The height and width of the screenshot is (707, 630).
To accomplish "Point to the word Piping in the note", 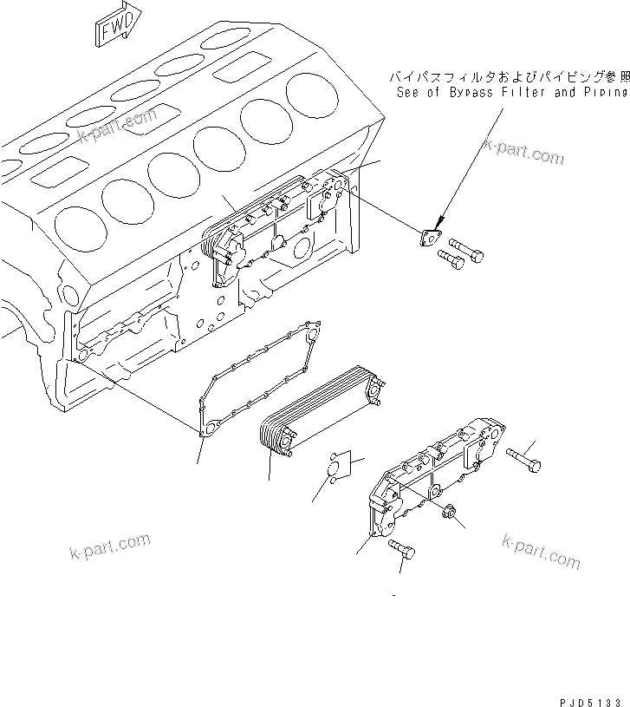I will pyautogui.click(x=604, y=92).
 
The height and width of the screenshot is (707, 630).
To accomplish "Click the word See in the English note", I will pyautogui.click(x=409, y=92).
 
